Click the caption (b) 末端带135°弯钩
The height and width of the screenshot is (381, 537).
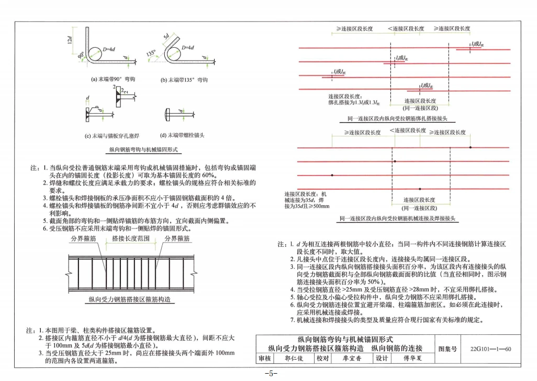184,80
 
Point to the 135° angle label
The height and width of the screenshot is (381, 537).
152,53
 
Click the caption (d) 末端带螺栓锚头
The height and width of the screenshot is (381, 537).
182,135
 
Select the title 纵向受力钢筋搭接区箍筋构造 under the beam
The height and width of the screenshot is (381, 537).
129,300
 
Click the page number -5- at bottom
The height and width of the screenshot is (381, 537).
268,374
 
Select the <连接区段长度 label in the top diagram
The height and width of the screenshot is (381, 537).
406,28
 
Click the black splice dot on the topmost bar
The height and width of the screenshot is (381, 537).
471,148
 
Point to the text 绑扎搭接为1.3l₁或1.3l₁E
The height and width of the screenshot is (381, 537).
354,102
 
